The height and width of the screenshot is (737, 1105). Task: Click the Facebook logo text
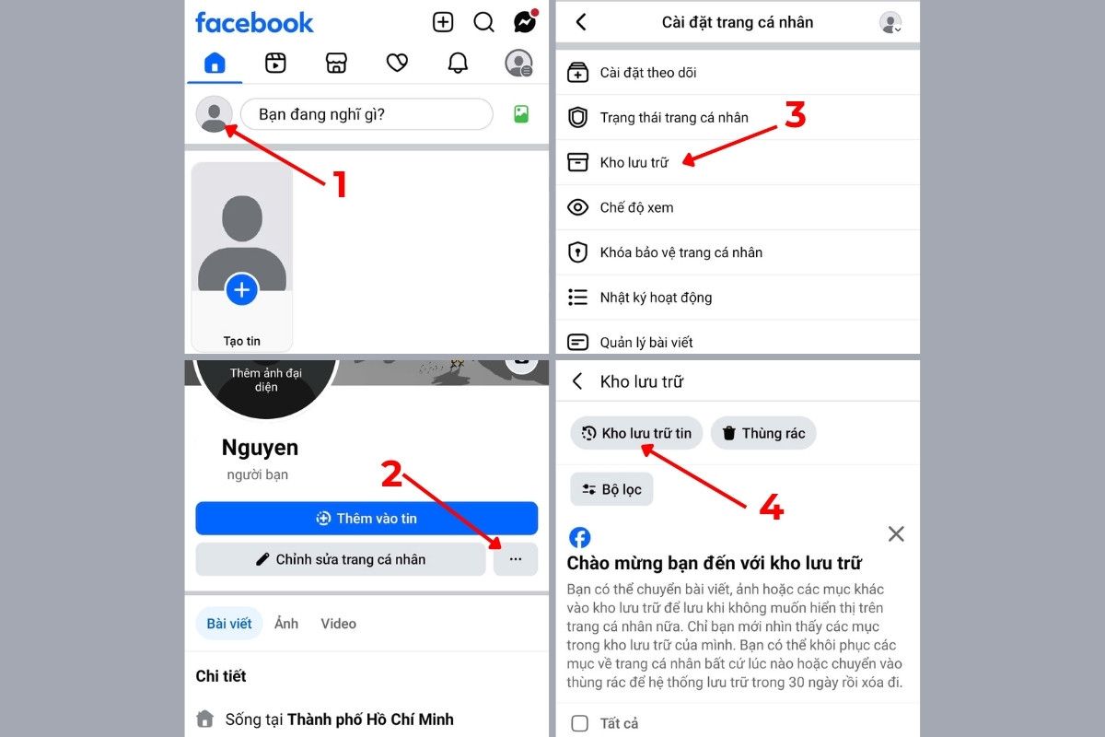(254, 23)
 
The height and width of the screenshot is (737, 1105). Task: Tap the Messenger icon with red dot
(525, 22)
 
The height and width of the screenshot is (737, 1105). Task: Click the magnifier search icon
(483, 22)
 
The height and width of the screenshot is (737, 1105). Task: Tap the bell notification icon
(458, 63)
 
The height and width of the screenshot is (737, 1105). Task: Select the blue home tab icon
(215, 63)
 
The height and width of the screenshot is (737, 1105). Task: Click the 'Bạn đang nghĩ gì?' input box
(366, 114)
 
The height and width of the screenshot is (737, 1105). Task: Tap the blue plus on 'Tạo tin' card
(241, 290)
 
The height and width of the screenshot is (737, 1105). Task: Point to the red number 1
(340, 184)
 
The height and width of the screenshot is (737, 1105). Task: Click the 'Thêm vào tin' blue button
(366, 519)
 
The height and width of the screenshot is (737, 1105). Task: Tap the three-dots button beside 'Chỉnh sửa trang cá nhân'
(516, 559)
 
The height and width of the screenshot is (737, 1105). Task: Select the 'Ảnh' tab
(286, 624)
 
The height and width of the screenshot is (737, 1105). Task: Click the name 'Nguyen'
(260, 449)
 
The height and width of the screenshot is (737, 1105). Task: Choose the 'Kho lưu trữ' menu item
(634, 162)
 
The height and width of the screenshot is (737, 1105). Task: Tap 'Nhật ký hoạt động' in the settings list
(656, 298)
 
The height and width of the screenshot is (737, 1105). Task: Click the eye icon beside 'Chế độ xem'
(577, 207)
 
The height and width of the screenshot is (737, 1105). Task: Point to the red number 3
(796, 116)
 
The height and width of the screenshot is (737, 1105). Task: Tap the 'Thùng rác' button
(763, 433)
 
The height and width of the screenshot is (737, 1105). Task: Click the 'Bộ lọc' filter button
(611, 489)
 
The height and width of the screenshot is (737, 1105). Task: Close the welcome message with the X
(896, 533)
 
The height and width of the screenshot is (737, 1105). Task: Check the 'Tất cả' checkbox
(579, 723)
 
